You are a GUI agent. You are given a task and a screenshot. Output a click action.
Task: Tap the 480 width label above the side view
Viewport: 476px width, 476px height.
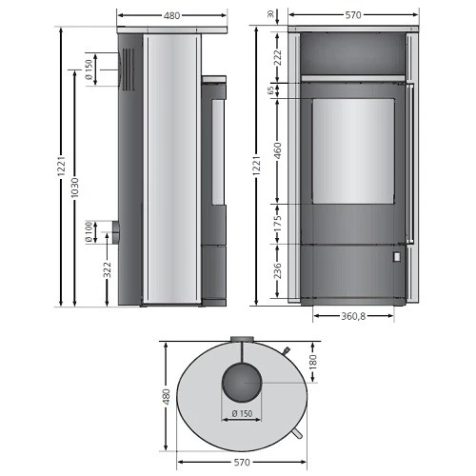172,15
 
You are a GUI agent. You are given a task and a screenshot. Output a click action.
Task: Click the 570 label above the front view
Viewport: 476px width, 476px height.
352,15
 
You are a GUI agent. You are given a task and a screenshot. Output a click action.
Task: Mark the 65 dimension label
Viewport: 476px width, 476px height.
270,90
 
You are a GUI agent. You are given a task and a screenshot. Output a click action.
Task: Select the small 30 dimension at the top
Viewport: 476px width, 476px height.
270,13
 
